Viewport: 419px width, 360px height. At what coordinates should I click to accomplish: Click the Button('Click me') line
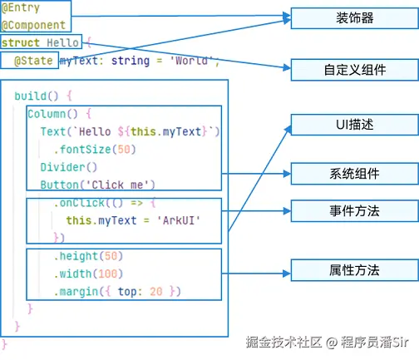coord(97,185)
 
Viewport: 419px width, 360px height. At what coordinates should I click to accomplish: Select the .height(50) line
coord(87,256)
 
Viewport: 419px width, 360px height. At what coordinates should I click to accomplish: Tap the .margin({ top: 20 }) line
coord(116,291)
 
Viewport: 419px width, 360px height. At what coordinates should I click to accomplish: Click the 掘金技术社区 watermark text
coord(283,342)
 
